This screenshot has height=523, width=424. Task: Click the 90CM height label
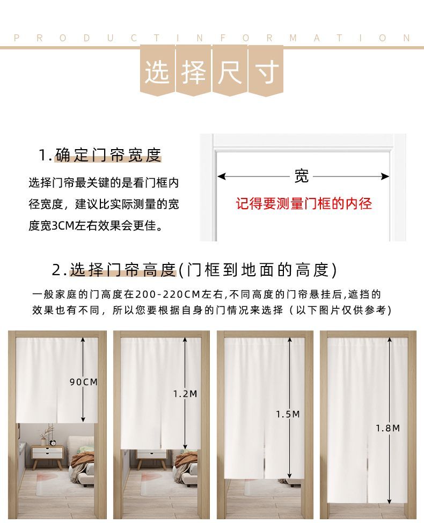click(84, 382)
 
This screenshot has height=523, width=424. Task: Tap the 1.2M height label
click(185, 394)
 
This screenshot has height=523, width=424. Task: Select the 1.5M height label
click(288, 414)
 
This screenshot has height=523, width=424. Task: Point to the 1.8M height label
click(388, 428)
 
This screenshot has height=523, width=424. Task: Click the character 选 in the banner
click(157, 72)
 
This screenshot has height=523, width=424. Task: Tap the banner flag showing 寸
click(266, 71)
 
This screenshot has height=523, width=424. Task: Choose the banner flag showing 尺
click(230, 71)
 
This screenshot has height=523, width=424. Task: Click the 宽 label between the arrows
click(302, 176)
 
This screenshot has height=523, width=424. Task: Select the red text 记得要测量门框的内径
click(304, 203)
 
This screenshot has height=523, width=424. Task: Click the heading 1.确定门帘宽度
click(100, 155)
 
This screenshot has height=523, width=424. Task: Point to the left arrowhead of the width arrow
click(221, 176)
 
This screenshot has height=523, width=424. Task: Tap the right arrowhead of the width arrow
click(385, 176)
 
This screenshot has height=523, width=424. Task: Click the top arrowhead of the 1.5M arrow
click(289, 340)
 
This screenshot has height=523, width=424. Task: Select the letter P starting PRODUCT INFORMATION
click(17, 38)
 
